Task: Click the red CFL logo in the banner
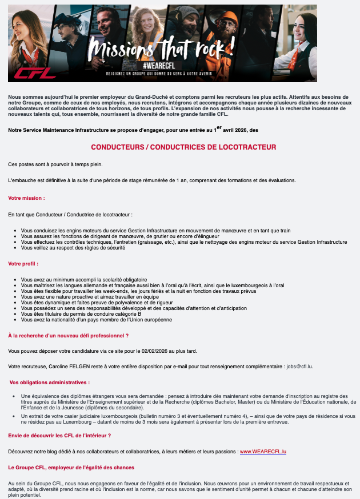(35, 72)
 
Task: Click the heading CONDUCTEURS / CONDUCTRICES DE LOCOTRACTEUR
(179, 147)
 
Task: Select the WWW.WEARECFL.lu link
(263, 452)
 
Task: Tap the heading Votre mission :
(26, 198)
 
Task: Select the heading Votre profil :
(23, 264)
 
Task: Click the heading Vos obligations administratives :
(50, 382)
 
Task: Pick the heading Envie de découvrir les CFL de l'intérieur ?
(59, 435)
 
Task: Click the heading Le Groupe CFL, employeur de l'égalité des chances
(71, 468)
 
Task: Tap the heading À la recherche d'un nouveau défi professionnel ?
(68, 335)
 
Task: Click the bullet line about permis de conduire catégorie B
(81, 314)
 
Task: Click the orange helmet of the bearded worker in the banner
(229, 19)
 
